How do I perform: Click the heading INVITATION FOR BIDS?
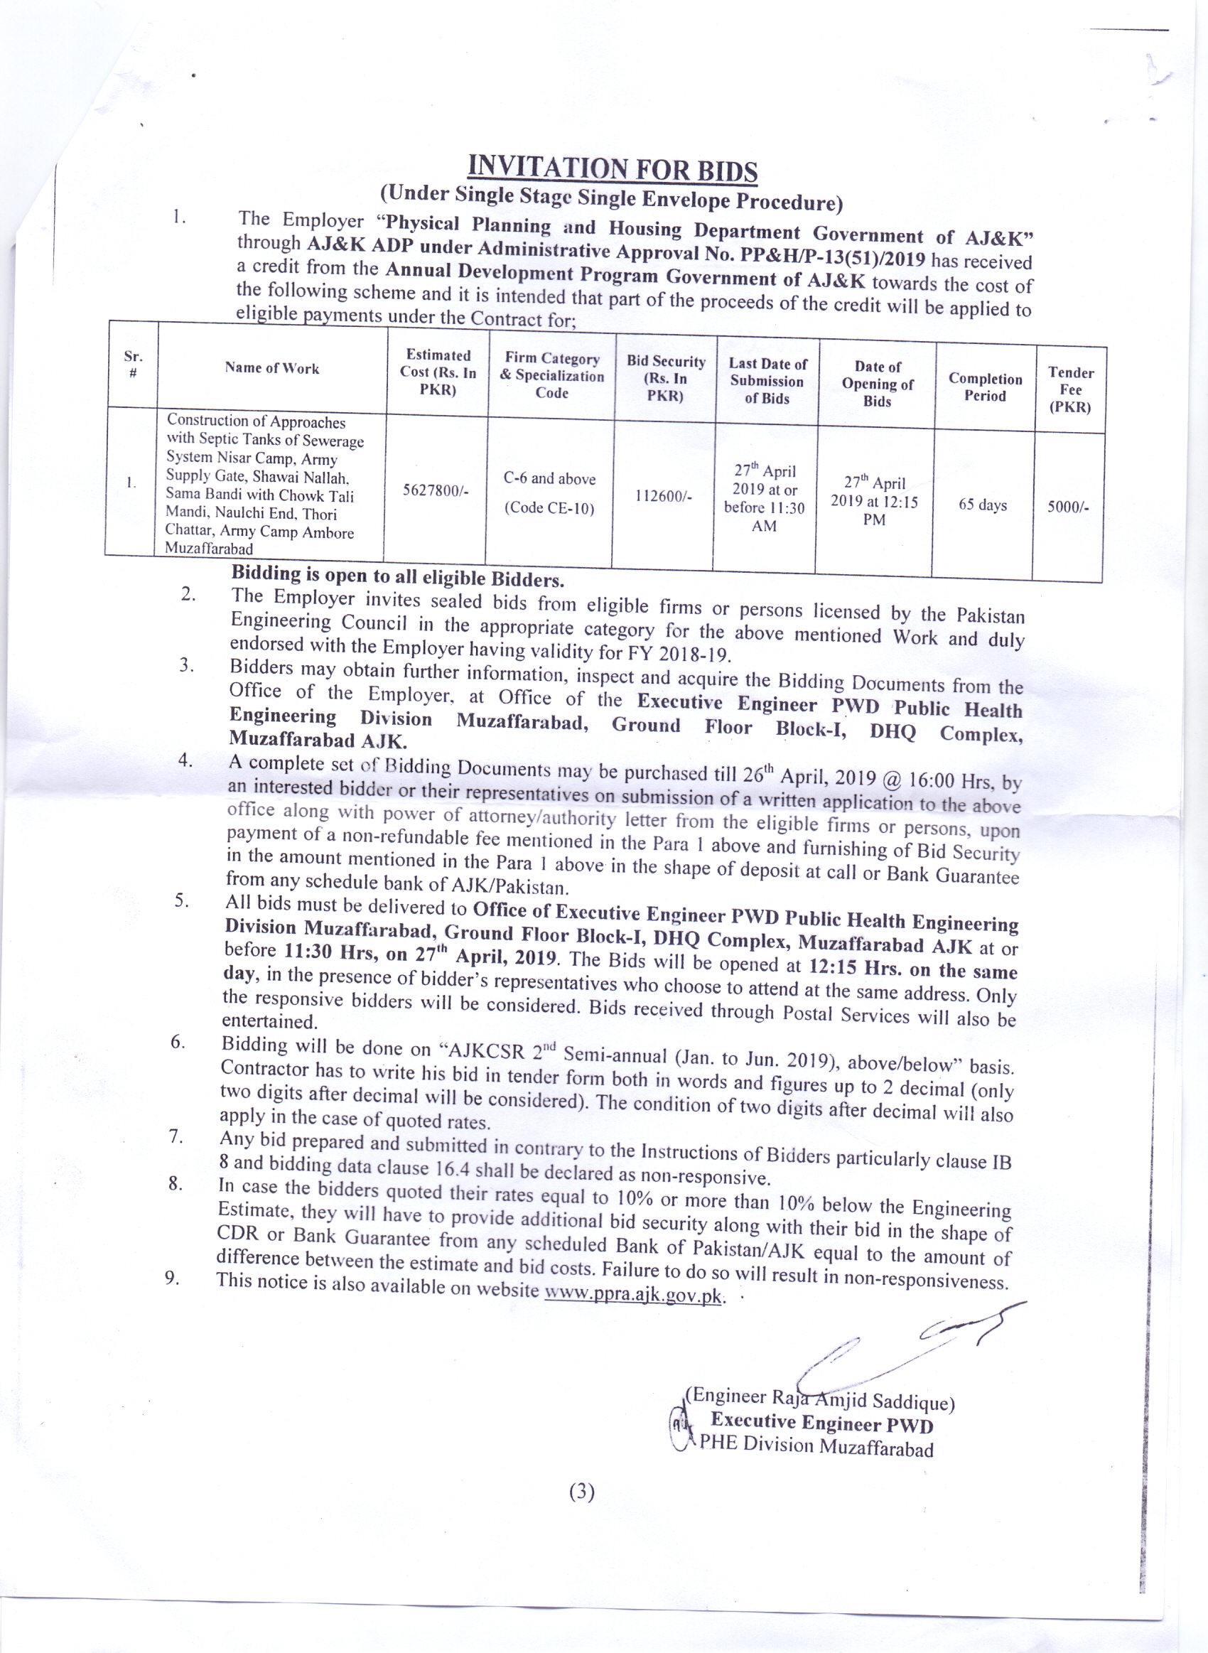click(612, 168)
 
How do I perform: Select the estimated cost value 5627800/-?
click(435, 490)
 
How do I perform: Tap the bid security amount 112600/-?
click(662, 495)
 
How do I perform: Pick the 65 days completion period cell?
click(982, 505)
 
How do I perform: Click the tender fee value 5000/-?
click(1067, 507)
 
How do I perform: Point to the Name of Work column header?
click(272, 367)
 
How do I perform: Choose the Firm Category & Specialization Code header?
click(552, 375)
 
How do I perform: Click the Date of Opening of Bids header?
click(878, 384)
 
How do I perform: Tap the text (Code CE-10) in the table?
click(549, 507)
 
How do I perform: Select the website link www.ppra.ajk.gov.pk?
click(633, 1296)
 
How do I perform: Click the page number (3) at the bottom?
click(581, 1491)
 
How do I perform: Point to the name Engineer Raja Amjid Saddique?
click(822, 1399)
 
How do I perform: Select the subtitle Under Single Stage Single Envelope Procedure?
click(611, 197)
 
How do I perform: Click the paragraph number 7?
click(176, 1136)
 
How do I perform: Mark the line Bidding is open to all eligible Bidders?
click(398, 576)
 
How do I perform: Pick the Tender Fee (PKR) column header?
click(1071, 389)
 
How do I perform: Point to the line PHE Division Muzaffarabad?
click(816, 1445)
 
